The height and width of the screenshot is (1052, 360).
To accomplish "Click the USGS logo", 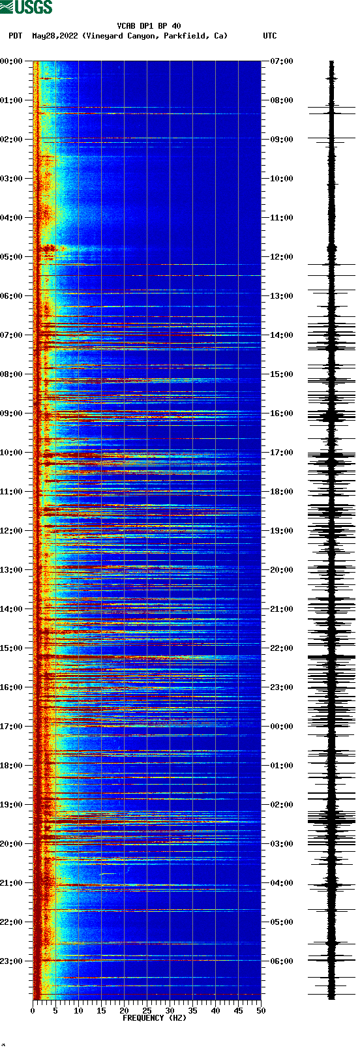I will point(26,7).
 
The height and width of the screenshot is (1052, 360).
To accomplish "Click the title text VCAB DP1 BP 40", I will point(149,26).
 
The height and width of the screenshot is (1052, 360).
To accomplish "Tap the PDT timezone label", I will point(15,36).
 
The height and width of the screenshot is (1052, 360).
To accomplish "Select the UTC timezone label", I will point(269,36).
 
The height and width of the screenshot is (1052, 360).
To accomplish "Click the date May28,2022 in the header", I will point(55,36).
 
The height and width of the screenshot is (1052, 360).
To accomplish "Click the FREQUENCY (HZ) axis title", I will point(155,1017).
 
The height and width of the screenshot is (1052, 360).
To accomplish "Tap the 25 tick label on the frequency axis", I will point(147,1011).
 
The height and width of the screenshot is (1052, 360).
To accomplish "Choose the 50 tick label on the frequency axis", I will point(261,1011).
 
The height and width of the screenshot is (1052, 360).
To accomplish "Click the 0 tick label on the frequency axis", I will point(33,1011).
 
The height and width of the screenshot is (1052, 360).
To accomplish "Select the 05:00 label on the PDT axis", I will point(11,257).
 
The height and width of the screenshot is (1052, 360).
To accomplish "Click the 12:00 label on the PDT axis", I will point(11,531).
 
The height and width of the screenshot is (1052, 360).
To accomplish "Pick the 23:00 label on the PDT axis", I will point(11,961).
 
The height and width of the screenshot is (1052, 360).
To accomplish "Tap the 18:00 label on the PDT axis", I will point(11,766).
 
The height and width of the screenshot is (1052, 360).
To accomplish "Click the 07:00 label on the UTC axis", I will point(282,61).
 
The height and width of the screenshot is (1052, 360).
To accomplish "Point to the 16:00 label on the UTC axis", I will point(282,413).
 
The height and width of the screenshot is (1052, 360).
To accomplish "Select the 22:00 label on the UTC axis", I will point(282,648).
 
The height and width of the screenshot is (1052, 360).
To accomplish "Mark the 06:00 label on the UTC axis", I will point(282,961).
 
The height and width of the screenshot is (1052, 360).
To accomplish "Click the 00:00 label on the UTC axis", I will point(282,727).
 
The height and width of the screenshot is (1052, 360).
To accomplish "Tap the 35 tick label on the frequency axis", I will point(192,1011).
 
